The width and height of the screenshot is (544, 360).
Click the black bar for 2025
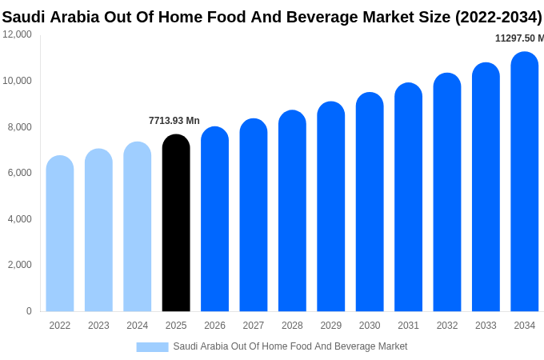[x=176, y=224]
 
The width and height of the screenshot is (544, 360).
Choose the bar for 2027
[x=254, y=216]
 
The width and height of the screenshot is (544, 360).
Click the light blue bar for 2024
[x=138, y=227]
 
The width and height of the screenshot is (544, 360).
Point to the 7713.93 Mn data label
[x=174, y=121]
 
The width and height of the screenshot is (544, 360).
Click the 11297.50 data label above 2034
[x=518, y=38]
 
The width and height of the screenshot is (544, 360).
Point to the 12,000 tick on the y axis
[x=18, y=34]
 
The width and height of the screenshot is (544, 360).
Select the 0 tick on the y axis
[x=29, y=311]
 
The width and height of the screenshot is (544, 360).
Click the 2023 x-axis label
[x=98, y=326]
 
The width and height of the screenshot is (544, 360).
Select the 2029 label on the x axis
[x=331, y=326]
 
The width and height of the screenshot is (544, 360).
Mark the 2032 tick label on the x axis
[x=447, y=326]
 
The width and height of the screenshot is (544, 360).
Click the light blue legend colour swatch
[x=152, y=347]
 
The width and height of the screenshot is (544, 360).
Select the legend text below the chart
[x=290, y=346]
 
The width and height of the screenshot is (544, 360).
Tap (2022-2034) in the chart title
[x=498, y=17]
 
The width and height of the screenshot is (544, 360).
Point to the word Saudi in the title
[x=24, y=17]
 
